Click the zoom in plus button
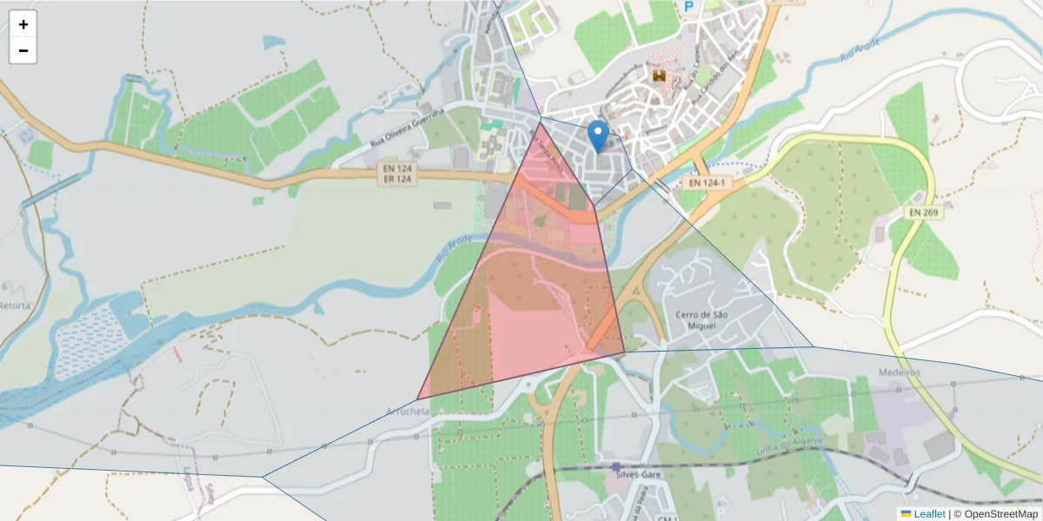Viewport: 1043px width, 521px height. [x=23, y=24]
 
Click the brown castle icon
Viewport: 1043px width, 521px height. [x=660, y=76]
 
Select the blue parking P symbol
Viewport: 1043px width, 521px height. [x=689, y=7]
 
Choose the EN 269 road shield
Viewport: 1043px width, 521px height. [x=926, y=211]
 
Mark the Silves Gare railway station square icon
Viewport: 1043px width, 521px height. [x=615, y=467]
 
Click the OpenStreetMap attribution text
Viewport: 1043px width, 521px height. [x=995, y=514]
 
